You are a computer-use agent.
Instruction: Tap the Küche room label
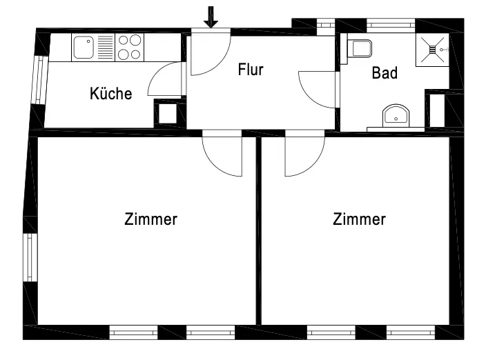(110, 94)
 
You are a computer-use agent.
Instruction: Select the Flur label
(251, 70)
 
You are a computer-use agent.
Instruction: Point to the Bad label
(385, 72)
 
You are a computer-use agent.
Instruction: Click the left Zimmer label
(150, 219)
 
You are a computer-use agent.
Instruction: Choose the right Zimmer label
(359, 219)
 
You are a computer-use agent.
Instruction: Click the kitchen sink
(84, 48)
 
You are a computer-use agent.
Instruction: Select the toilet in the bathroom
(360, 49)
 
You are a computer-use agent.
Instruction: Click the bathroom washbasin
(396, 115)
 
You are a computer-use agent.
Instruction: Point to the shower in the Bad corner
(432, 49)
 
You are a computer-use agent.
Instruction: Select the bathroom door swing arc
(314, 90)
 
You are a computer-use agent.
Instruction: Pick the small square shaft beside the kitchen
(168, 113)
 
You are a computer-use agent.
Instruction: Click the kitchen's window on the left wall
(39, 79)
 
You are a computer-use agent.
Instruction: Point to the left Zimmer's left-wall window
(30, 257)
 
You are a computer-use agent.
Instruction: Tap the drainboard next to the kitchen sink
(104, 48)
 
